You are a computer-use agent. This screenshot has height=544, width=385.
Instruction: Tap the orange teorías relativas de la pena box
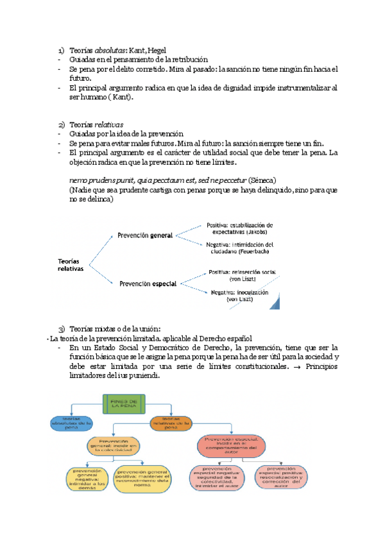[x=171, y=422]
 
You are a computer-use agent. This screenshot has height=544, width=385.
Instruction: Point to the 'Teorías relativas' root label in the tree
[x=71, y=265]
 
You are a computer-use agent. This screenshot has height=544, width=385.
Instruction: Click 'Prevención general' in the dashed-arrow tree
[x=145, y=235]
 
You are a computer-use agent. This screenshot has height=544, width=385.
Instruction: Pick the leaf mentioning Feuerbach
[x=240, y=248]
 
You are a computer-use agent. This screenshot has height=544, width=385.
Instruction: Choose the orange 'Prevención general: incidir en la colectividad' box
[x=114, y=445]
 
